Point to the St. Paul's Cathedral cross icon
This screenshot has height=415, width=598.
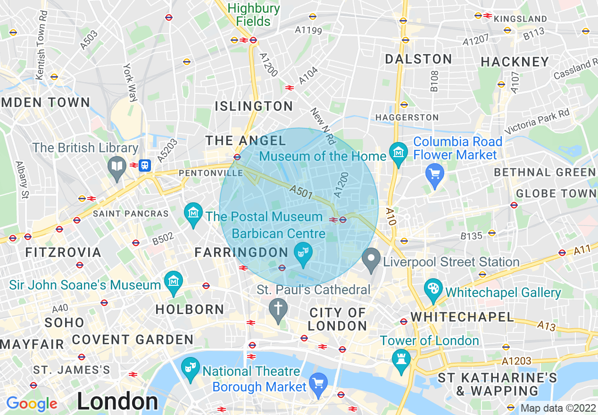278,309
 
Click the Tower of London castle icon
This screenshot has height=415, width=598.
401,361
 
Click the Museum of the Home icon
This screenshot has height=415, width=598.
399,153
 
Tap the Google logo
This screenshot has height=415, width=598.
32,404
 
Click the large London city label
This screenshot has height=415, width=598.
117,402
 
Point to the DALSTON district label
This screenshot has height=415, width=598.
418,59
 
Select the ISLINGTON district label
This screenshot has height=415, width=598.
254,106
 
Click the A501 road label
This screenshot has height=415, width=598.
300,191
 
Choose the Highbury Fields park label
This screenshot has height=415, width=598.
253,15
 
